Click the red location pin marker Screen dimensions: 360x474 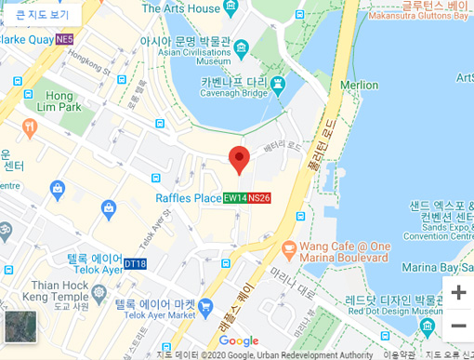[239, 159]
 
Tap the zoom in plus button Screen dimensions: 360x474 [458, 292]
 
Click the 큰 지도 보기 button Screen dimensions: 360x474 [42, 14]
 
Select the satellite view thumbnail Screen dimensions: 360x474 [20, 327]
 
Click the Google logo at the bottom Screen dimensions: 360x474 [239, 341]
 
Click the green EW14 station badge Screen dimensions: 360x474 [235, 198]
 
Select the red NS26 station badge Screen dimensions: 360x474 [259, 198]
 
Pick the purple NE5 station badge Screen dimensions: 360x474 [64, 40]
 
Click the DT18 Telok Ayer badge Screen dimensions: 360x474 [135, 263]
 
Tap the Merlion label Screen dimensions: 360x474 [359, 85]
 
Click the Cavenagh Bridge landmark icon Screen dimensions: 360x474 [277, 85]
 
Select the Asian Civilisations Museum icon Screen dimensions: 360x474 [242, 47]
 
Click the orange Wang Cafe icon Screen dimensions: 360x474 [288, 249]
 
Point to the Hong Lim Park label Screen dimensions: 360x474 [59, 101]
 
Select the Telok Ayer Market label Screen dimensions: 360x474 [156, 309]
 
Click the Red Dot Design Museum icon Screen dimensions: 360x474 [428, 327]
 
